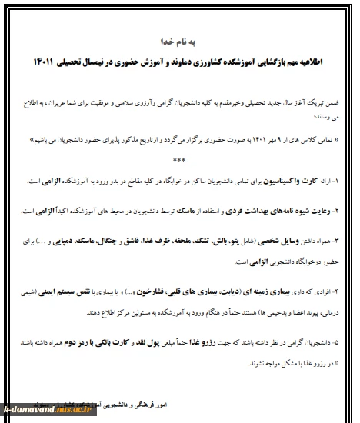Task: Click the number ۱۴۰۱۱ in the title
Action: click(48, 60)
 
